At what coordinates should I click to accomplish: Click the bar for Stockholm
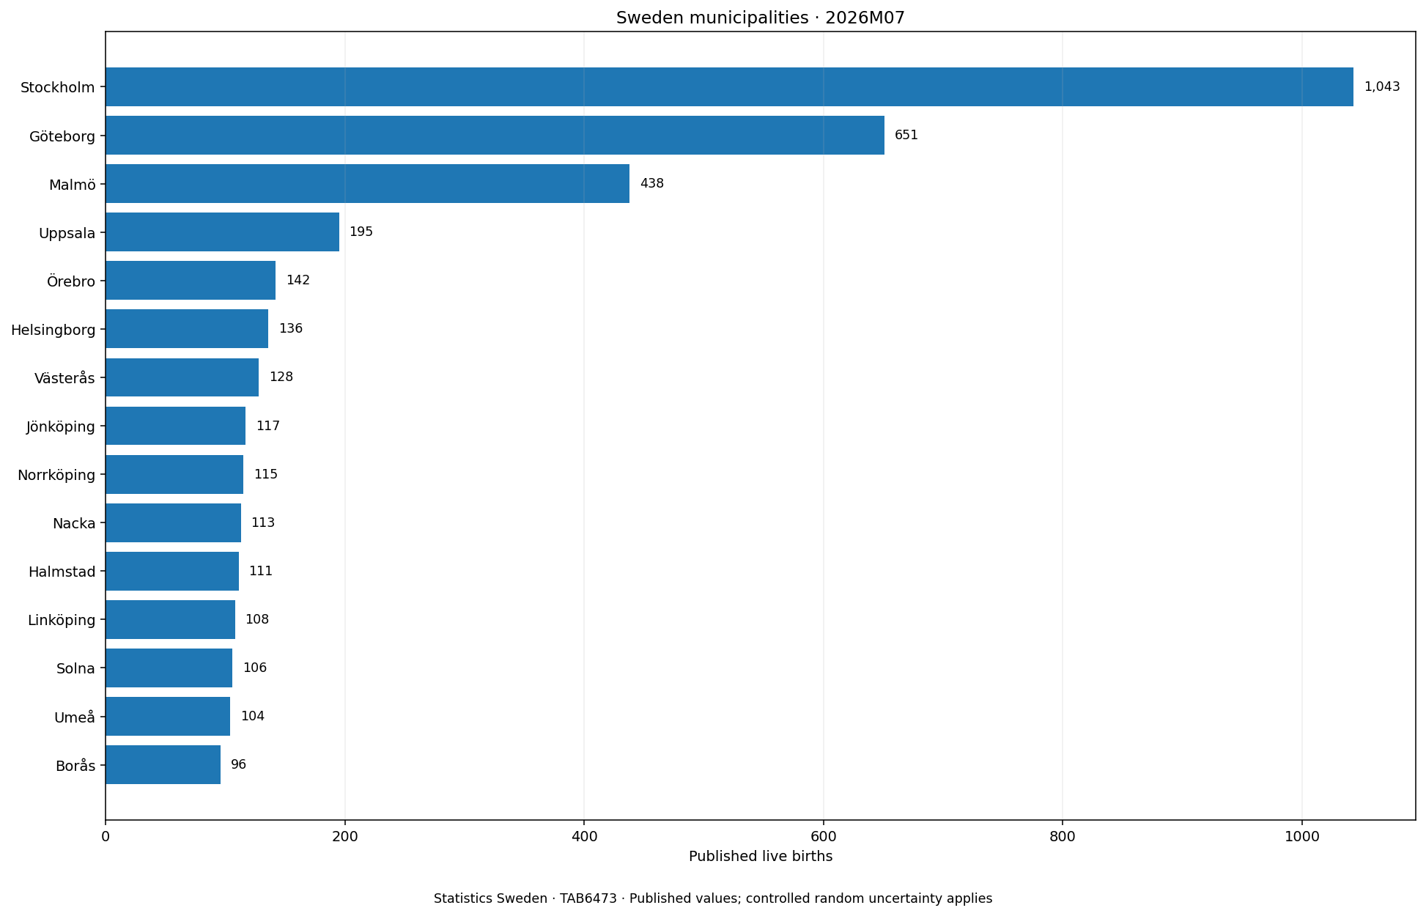729,87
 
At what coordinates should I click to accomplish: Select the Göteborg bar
495,136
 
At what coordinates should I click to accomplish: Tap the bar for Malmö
367,184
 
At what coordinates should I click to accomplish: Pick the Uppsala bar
222,232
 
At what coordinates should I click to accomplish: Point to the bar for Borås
163,765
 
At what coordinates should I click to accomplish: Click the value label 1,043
1381,86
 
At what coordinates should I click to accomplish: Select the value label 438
651,183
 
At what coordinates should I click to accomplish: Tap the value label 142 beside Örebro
298,281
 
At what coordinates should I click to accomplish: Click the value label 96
238,765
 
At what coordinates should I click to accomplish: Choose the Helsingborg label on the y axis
53,330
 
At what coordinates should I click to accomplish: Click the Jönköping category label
61,426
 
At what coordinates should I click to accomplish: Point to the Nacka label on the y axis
74,523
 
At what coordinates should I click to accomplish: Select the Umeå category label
75,717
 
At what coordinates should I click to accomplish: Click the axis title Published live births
761,857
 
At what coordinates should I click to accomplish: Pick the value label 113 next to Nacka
263,523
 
